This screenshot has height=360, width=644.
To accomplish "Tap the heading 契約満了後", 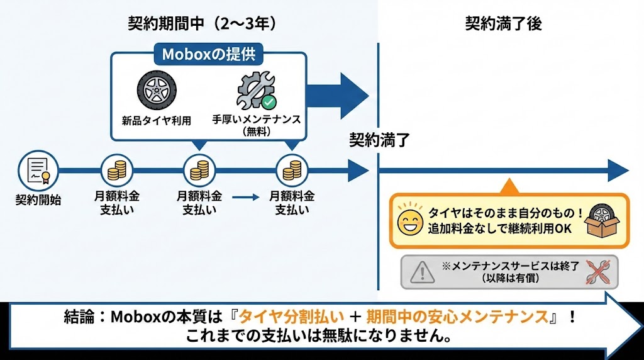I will (503, 24).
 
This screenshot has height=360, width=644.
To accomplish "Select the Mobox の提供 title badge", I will (208, 54).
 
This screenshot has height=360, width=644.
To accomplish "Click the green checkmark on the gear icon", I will (269, 101).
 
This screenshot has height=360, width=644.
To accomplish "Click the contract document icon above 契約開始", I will (38, 169).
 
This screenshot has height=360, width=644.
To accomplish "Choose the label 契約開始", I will (38, 200).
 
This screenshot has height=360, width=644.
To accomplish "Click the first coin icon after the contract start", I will (117, 170).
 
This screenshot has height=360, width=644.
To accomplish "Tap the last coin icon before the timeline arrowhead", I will (292, 170).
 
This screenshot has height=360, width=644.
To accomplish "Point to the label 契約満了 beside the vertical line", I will (380, 140).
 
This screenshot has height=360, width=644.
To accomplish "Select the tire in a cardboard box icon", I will (602, 220).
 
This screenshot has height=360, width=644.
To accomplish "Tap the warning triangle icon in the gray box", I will (422, 271).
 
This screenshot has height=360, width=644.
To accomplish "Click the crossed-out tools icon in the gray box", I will (596, 271).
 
